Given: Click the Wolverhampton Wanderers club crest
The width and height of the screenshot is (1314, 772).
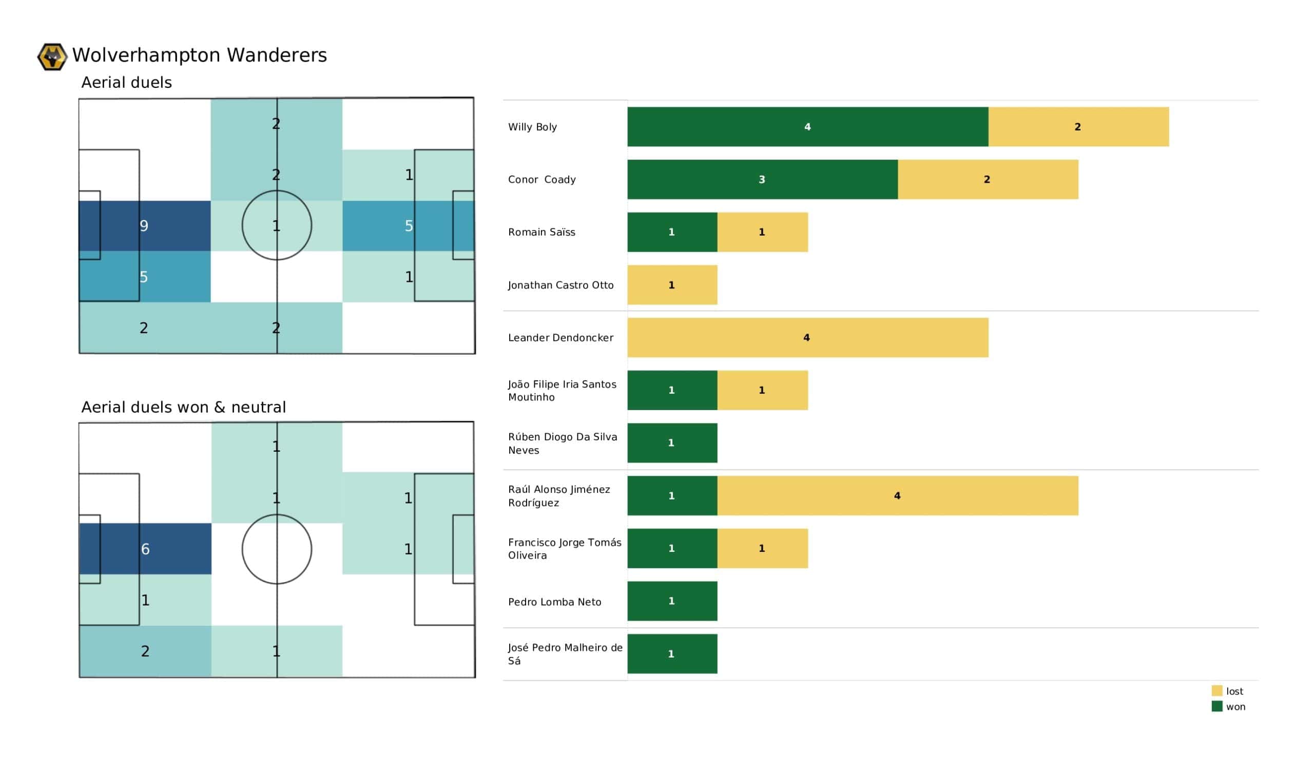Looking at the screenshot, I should pos(52,56).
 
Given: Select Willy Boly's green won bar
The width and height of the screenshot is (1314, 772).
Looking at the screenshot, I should pos(807,127).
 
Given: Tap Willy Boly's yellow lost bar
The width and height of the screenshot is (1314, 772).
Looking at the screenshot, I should pos(1078,127).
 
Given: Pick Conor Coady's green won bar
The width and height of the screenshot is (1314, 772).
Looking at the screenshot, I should pos(762,180).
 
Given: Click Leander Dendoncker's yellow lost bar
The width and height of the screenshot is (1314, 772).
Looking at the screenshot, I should pos(807,337).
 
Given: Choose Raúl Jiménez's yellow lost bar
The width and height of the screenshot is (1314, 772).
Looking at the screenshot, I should pos(897,495).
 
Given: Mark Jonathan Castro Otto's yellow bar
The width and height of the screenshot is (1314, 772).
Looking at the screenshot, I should pos(671,285).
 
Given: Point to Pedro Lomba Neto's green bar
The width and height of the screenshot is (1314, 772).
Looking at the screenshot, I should pos(671,601).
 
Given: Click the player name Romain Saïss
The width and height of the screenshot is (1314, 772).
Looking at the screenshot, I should pos(541,232).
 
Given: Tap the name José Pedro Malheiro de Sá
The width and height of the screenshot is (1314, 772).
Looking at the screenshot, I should pos(565,653).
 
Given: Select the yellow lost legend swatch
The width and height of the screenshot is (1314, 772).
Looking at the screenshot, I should pos(1216,690).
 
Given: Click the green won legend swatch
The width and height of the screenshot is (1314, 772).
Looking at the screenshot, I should pos(1216,706).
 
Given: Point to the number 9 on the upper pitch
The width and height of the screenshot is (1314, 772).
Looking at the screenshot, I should pos(144,226).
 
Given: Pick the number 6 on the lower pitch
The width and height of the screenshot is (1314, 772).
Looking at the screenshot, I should pos(145,549).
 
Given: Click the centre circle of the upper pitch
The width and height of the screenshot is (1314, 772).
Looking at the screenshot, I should pos(277,225).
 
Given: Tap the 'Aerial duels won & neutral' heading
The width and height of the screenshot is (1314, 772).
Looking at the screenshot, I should pos(184,407).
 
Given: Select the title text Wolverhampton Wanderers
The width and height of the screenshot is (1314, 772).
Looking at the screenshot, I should pos(199,55).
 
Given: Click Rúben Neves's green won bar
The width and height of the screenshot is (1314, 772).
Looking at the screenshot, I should pos(671,443).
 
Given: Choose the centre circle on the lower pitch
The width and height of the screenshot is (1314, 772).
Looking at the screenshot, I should pos(277,549).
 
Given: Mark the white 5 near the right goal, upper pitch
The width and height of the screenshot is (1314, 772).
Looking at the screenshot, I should pos(409,226).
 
